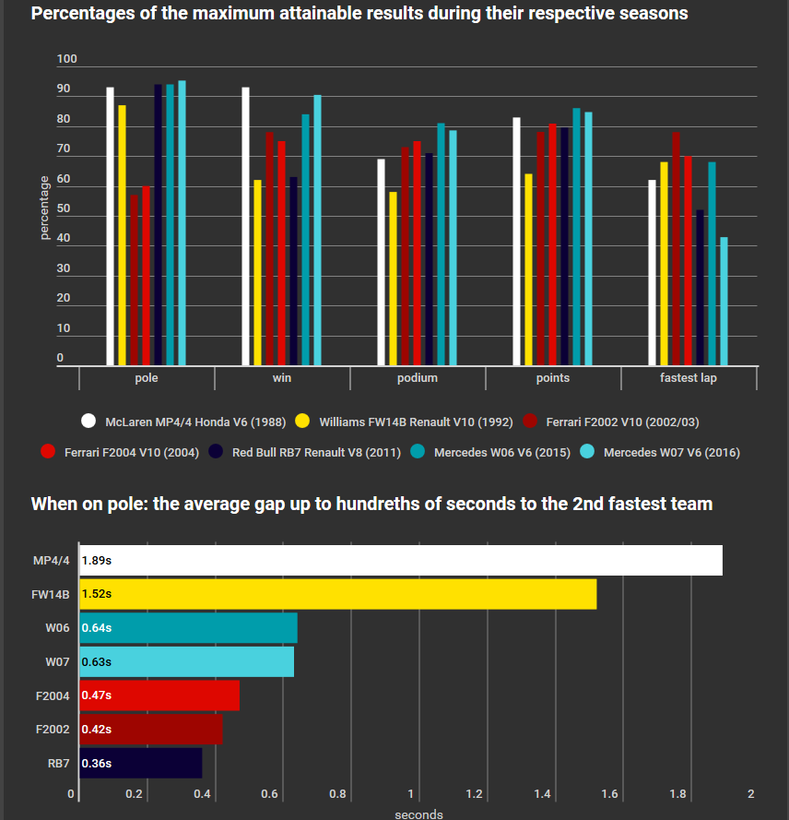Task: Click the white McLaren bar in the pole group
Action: [x=111, y=227]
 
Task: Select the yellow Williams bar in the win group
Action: [x=258, y=273]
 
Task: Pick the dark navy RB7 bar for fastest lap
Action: [x=700, y=288]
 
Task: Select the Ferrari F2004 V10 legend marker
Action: [x=48, y=452]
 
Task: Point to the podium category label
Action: [x=418, y=378]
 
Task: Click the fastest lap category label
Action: [x=689, y=378]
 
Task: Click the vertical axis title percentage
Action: [x=44, y=208]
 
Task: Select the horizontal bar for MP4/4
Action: [x=401, y=560]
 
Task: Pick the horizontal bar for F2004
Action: [x=159, y=695]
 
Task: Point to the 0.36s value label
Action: [x=96, y=763]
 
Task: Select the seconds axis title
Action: [x=418, y=814]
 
